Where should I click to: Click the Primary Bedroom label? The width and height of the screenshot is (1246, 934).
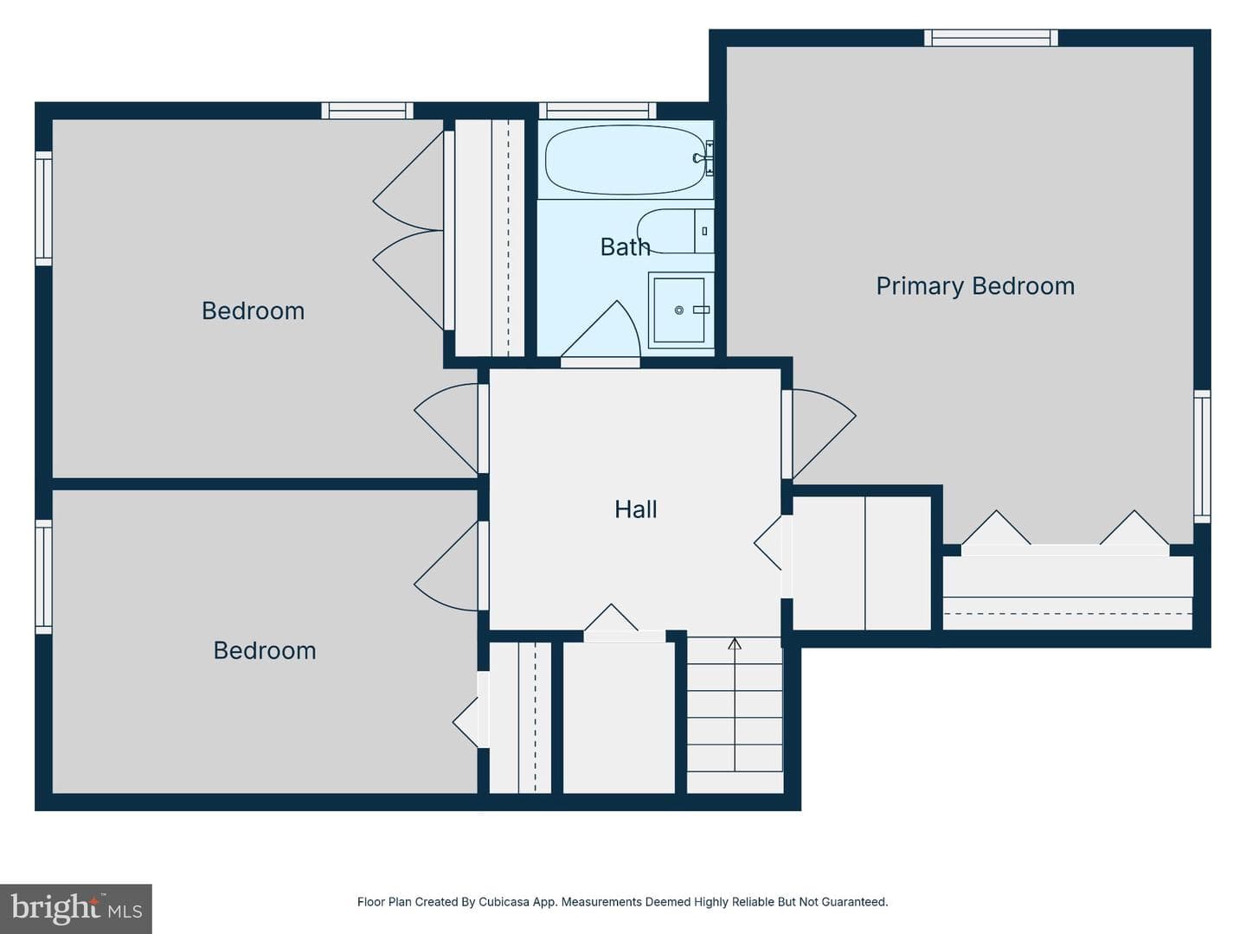[974, 286]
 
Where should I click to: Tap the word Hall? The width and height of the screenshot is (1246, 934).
[635, 509]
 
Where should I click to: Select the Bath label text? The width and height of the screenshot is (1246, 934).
[625, 246]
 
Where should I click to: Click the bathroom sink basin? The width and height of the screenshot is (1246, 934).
[680, 310]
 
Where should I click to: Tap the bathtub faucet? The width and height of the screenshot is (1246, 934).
[703, 158]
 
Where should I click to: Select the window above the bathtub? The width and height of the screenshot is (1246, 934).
[597, 111]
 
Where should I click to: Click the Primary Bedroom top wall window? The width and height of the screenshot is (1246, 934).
[991, 38]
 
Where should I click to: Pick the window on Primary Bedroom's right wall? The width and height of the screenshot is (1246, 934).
[1202, 456]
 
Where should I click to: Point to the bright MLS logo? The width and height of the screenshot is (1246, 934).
[76, 908]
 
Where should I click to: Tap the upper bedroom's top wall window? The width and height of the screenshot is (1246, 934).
[367, 111]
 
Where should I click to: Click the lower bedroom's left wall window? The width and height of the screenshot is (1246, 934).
[44, 577]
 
